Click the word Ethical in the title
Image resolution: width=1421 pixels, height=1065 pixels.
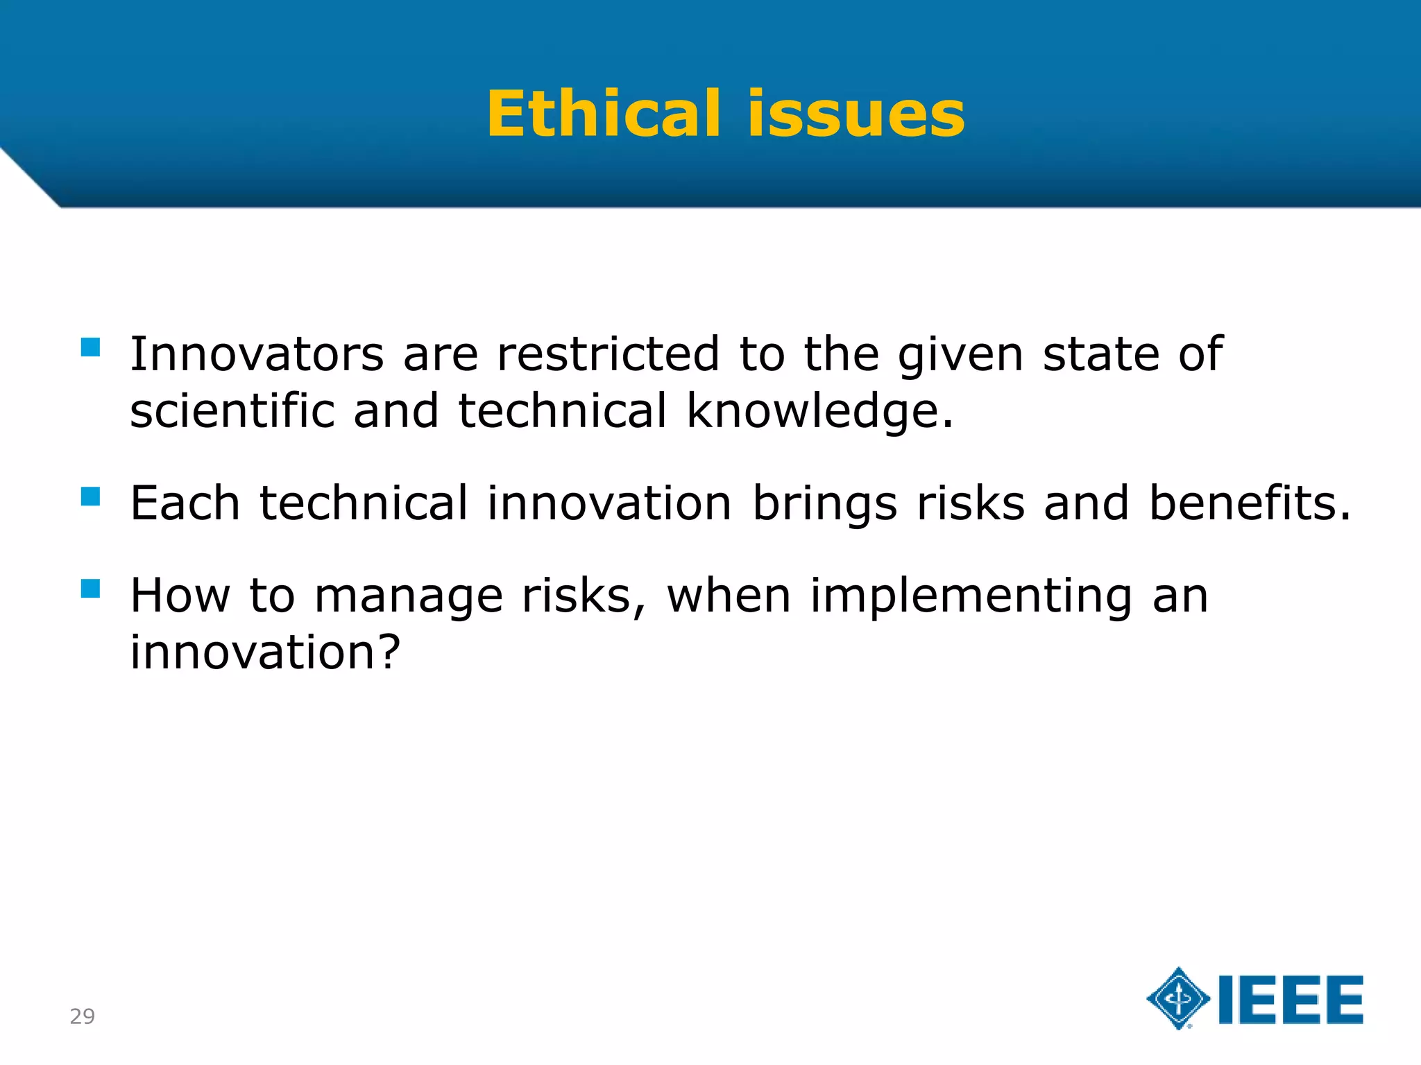click(604, 114)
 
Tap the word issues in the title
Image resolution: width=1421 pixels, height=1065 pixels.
click(856, 114)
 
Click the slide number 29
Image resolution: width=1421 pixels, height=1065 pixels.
click(82, 1016)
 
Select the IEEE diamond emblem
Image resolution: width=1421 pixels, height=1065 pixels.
click(1178, 998)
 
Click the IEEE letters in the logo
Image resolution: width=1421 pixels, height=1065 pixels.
click(1291, 1000)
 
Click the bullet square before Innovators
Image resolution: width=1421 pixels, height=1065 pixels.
click(91, 347)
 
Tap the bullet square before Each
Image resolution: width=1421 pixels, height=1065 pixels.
click(91, 496)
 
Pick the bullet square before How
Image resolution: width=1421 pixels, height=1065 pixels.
click(91, 589)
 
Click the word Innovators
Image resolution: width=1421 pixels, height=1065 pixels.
click(257, 354)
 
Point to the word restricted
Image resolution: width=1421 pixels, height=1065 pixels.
click(609, 354)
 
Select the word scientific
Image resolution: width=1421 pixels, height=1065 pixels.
click(232, 411)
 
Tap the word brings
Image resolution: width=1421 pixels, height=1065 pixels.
click(825, 505)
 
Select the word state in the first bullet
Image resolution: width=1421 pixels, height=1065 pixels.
click(1100, 354)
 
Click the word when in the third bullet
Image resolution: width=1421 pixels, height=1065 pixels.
click(729, 596)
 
